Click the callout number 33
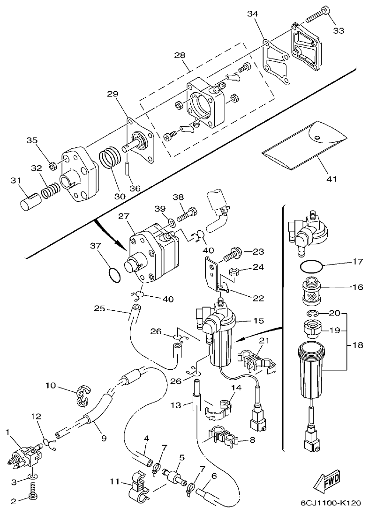point(339,31)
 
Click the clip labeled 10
point(83,394)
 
